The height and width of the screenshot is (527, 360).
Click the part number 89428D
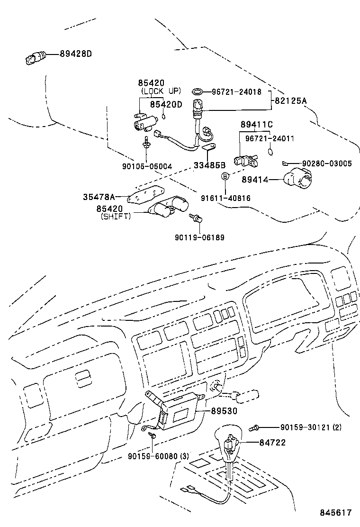[x=75, y=54]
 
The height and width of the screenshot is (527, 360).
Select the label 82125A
[x=289, y=101]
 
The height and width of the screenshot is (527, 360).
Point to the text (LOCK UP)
[x=161, y=91]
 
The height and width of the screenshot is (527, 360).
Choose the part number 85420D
[x=166, y=104]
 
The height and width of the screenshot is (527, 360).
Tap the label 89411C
[x=256, y=125]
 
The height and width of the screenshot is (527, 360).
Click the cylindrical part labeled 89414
[x=297, y=181]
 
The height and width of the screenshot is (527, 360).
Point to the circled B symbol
[x=226, y=176]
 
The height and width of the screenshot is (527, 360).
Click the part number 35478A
[x=99, y=196]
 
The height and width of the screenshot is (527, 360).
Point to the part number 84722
[x=272, y=442]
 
